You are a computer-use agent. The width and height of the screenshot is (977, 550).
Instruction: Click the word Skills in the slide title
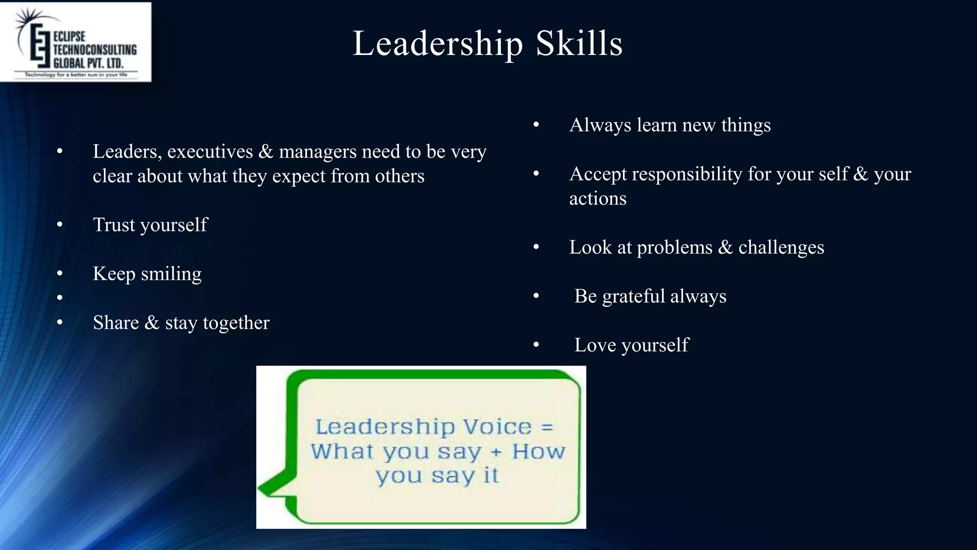point(579,44)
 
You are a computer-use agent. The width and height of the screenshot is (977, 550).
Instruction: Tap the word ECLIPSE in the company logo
point(69,37)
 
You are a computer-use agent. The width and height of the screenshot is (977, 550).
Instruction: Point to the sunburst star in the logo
point(28,19)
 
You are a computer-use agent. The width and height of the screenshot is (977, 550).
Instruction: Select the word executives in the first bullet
point(210,152)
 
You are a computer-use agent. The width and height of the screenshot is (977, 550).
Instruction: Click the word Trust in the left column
point(114,225)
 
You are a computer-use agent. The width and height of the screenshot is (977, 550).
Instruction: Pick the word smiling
point(171,274)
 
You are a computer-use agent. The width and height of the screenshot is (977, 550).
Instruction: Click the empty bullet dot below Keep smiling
point(60,298)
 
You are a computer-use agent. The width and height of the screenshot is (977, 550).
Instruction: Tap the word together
point(236,323)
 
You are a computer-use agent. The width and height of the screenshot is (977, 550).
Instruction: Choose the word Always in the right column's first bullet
point(600,126)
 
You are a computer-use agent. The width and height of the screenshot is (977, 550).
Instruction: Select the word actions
point(598,199)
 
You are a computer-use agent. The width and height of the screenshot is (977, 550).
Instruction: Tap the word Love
point(595,345)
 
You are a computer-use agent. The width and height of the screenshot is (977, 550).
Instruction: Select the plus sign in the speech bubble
point(497,452)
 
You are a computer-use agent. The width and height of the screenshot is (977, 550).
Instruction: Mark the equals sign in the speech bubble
point(547,427)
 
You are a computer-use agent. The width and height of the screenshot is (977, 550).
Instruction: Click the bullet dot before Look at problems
point(536,247)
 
